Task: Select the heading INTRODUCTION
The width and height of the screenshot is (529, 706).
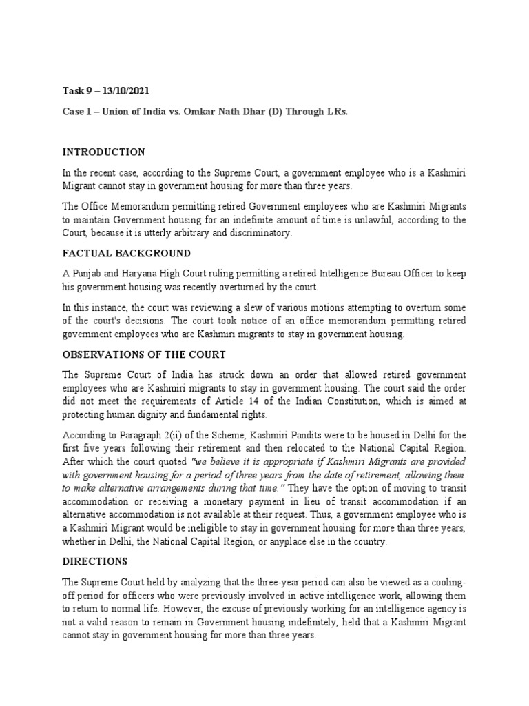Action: click(103, 152)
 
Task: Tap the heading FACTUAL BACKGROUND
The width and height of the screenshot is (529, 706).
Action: click(127, 253)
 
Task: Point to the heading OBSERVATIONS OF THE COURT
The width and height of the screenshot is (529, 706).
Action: click(144, 354)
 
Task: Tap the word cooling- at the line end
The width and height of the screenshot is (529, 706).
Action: click(448, 582)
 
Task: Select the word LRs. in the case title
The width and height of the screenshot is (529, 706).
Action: click(335, 110)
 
